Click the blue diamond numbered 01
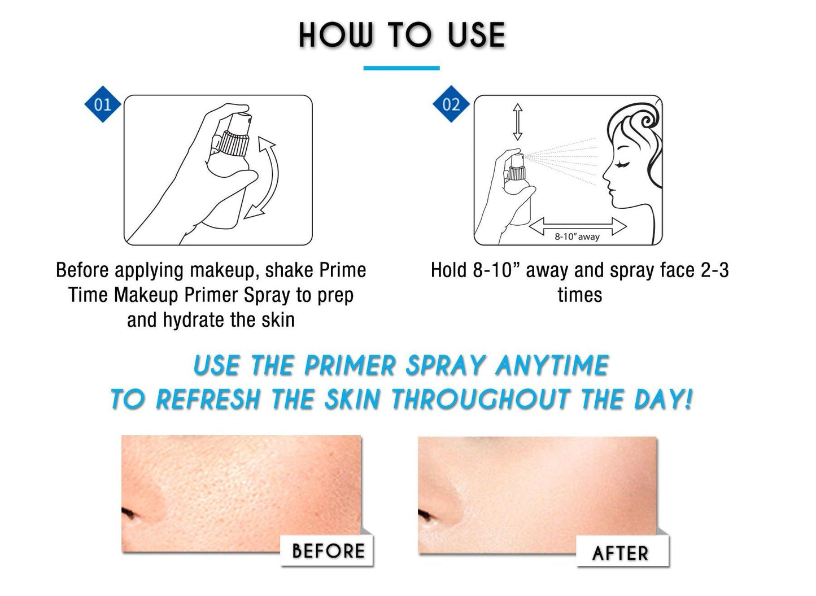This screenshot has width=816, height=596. point(103,104)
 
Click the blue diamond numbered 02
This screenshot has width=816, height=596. point(451,104)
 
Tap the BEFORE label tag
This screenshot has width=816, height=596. point(328,551)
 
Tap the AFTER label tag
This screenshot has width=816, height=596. point(621,553)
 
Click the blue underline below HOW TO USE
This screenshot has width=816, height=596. point(401,68)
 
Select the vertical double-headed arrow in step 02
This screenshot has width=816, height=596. point(517,122)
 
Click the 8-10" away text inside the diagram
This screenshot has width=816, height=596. point(577,236)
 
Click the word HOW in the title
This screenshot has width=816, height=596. point(336,36)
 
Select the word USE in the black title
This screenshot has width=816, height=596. point(476,36)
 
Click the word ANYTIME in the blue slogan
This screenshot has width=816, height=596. point(552,366)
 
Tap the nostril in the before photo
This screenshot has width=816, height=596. point(129,514)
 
